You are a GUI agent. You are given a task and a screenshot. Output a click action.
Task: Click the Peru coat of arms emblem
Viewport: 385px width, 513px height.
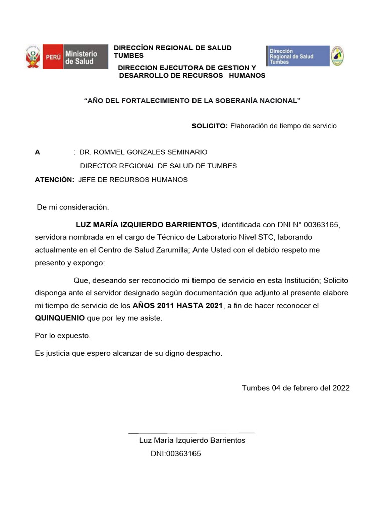pyautogui.click(x=33, y=57)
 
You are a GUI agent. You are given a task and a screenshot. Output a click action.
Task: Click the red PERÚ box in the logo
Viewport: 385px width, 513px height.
pyautogui.click(x=53, y=57)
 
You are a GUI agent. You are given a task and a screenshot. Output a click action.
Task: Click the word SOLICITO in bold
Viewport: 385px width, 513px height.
pyautogui.click(x=210, y=126)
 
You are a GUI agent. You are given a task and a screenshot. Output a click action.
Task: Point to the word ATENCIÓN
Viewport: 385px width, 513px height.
pyautogui.click(x=54, y=180)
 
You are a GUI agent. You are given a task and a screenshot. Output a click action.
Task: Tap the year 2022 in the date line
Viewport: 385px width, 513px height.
pyautogui.click(x=340, y=388)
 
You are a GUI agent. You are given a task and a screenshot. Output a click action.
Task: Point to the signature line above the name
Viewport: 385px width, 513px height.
pyautogui.click(x=191, y=433)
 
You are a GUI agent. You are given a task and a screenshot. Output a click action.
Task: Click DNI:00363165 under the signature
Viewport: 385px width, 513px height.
pyautogui.click(x=175, y=454)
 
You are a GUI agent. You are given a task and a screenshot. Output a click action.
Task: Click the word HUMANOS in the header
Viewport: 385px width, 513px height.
pyautogui.click(x=247, y=75)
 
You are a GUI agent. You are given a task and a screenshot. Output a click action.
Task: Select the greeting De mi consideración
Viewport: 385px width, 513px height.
pyautogui.click(x=73, y=206)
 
